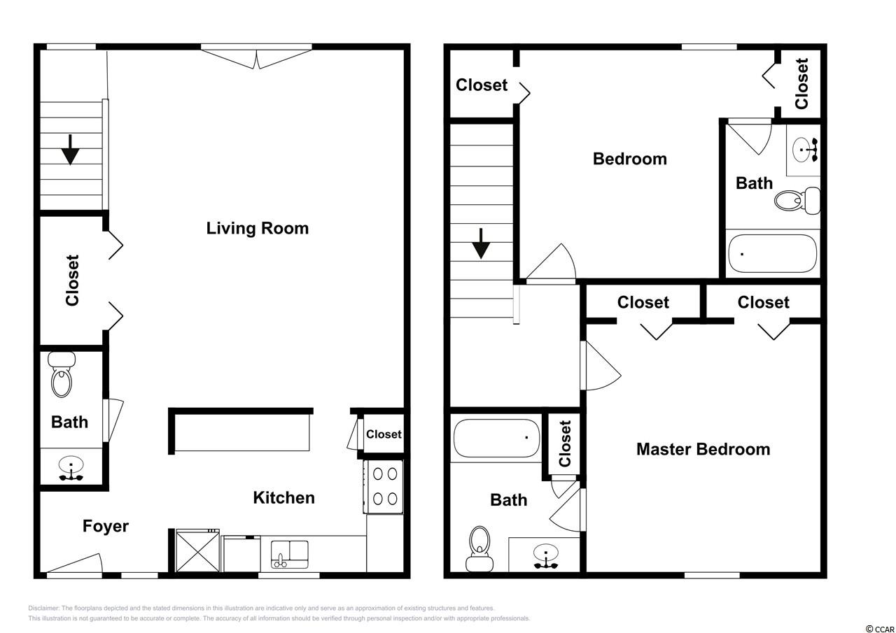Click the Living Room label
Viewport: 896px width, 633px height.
(257, 229)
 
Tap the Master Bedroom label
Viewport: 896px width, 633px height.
(703, 449)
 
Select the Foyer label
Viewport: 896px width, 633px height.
(106, 526)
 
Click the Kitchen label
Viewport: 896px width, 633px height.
(284, 498)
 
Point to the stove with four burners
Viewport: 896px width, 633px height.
(384, 487)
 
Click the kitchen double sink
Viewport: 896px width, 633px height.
(290, 554)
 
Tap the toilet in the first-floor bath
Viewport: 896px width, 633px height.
(62, 374)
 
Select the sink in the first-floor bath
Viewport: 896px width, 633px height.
(71, 468)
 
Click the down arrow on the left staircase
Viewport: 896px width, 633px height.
(71, 150)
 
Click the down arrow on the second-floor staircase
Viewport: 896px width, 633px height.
(481, 244)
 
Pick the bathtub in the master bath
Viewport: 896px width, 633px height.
(496, 438)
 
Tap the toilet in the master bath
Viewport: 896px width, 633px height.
(479, 548)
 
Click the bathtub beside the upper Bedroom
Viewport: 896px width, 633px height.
(772, 253)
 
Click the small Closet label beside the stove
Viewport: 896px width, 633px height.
(384, 434)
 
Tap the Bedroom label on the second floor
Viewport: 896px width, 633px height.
(629, 159)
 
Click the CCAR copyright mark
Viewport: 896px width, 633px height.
(880, 629)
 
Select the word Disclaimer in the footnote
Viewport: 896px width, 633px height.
(43, 609)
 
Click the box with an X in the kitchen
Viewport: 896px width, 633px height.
(198, 551)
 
